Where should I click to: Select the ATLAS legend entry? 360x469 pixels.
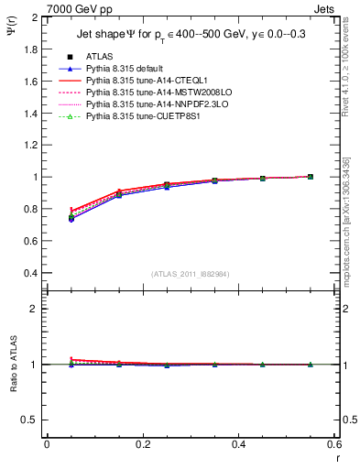point(98,57)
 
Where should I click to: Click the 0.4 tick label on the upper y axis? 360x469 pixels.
point(28,273)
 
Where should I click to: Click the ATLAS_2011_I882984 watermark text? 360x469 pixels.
point(191,274)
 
